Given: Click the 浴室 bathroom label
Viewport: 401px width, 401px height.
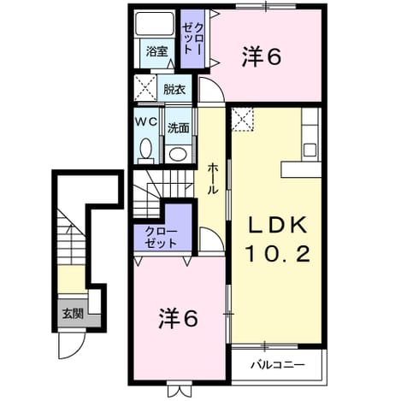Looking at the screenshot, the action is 156,52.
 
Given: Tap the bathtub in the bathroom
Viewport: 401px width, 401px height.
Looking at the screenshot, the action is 155,24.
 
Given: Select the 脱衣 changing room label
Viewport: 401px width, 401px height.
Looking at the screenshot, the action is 174,90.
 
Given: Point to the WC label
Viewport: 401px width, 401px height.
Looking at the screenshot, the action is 146,122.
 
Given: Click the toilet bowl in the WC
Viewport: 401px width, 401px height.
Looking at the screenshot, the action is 146,148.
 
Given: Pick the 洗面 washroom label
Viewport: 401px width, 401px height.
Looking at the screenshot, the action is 179,128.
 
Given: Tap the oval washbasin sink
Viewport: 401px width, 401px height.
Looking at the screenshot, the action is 178,154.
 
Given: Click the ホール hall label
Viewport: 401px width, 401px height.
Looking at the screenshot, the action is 212,180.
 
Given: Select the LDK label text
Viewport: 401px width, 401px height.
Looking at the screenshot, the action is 278,225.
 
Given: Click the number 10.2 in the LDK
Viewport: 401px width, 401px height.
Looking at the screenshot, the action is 278,254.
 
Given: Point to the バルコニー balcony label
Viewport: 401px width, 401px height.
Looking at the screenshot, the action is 278,365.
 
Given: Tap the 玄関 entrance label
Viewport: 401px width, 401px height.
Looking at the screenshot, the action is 73,314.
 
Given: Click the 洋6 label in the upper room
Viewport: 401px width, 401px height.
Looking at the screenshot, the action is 262,57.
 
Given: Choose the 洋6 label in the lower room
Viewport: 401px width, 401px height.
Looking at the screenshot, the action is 178,318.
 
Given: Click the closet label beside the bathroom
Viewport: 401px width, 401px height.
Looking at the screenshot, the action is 192,39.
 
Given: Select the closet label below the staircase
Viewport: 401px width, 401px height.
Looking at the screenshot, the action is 161,238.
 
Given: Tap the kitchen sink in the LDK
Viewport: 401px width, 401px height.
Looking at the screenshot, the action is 310,150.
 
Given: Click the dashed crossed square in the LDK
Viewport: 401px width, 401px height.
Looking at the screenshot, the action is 243,119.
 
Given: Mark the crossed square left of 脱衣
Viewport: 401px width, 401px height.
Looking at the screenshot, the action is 145,87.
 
